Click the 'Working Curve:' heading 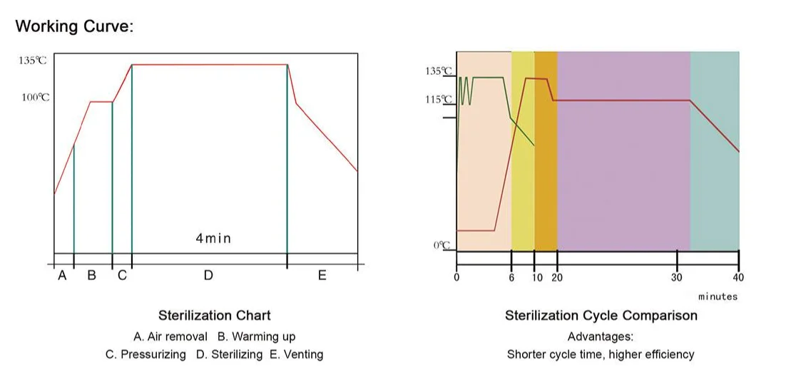click(74, 27)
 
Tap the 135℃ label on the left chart click(32, 61)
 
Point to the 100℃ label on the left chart click(35, 97)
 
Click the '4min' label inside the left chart click(213, 238)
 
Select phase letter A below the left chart click(62, 276)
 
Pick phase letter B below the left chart click(91, 276)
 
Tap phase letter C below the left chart click(122, 276)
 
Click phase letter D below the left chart click(208, 276)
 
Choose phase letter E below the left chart click(322, 276)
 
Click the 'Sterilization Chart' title click(214, 315)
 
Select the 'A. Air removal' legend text click(170, 336)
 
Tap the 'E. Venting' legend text click(296, 354)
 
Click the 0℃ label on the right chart click(442, 245)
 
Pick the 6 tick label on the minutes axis click(511, 278)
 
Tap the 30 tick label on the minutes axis click(676, 278)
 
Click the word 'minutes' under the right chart click(718, 296)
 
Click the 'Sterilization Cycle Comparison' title click(601, 315)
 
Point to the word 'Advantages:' click(600, 336)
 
